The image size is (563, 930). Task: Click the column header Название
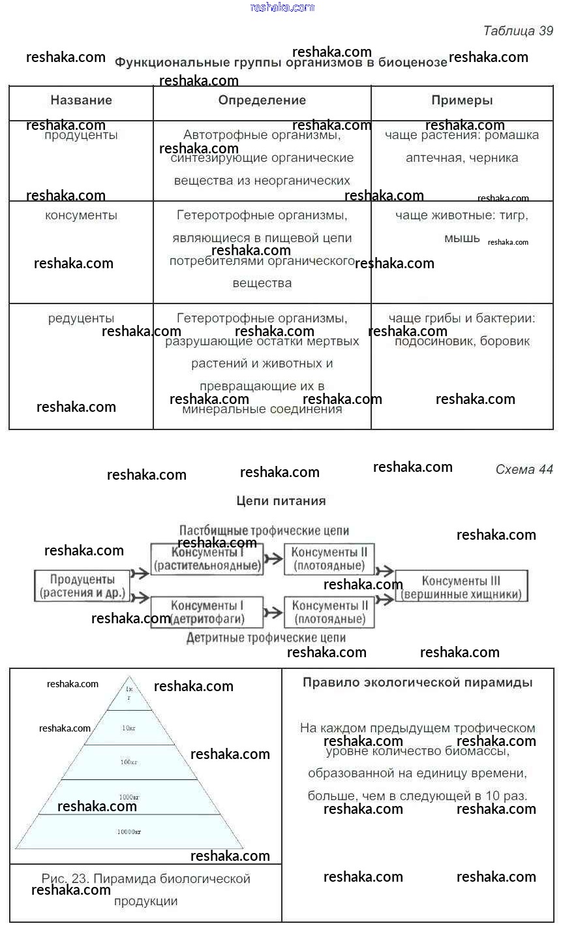point(81,101)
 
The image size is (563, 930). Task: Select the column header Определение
point(262,101)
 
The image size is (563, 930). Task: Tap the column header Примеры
point(462,101)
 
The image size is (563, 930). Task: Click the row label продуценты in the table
point(81,136)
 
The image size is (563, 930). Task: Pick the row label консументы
point(81,215)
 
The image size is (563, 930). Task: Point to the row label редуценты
point(81,318)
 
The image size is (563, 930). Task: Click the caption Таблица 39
point(518,31)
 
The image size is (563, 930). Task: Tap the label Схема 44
point(524,470)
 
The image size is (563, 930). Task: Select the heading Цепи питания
point(281,501)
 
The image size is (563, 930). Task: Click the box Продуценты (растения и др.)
point(82,586)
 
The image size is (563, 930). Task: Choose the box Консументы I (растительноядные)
point(207,559)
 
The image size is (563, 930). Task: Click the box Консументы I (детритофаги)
point(207,612)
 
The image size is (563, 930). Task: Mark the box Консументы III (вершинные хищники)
point(461,587)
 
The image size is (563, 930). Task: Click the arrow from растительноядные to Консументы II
point(274,559)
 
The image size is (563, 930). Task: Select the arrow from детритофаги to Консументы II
point(274,612)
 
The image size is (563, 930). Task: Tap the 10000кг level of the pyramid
point(129,832)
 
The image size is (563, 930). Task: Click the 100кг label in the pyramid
point(129,762)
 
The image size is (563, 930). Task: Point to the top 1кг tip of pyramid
point(129,693)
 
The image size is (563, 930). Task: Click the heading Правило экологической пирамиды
point(418,683)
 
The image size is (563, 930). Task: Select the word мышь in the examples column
point(462,239)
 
